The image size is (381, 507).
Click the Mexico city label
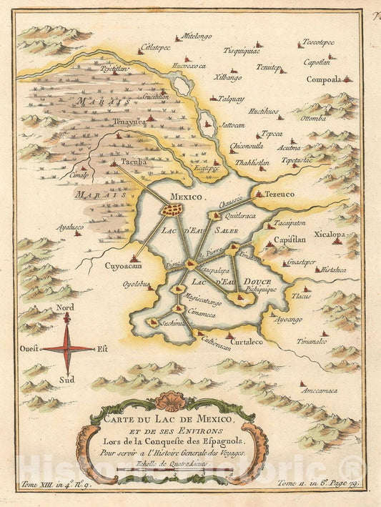click(x=187, y=195)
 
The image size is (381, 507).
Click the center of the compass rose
click(x=66, y=349)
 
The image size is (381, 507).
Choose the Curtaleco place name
click(x=244, y=343)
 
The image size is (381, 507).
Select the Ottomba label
click(x=315, y=118)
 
